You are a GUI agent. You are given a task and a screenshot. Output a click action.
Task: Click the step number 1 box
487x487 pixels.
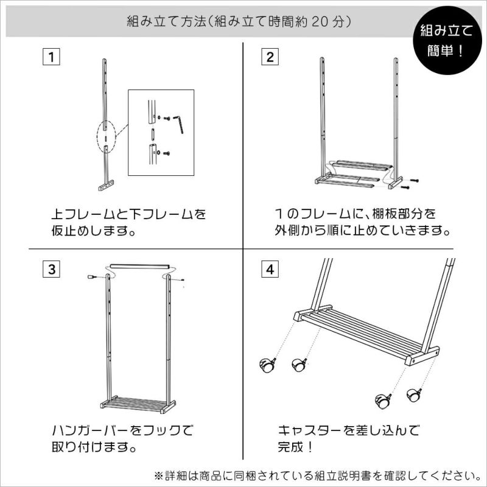(51, 57)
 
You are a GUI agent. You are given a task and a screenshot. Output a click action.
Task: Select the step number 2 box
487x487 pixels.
(270, 57)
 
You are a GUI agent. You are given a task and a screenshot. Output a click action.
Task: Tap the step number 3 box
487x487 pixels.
(51, 269)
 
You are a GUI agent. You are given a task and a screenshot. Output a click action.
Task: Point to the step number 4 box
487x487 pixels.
(270, 269)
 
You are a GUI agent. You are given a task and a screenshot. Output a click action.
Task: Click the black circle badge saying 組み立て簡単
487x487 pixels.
(447, 40)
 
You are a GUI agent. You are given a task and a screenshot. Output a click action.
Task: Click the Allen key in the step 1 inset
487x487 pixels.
(178, 124)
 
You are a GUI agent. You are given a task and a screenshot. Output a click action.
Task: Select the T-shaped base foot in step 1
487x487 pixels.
(106, 185)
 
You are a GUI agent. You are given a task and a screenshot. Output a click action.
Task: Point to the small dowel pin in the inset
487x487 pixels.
(153, 135)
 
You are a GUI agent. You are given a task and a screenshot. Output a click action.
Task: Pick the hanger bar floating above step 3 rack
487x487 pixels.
(140, 267)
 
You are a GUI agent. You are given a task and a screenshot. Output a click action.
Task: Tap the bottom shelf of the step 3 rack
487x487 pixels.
(138, 404)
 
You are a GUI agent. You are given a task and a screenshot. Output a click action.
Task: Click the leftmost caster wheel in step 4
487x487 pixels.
(267, 365)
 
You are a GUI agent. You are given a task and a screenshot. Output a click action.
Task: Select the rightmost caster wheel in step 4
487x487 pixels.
(415, 394)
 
